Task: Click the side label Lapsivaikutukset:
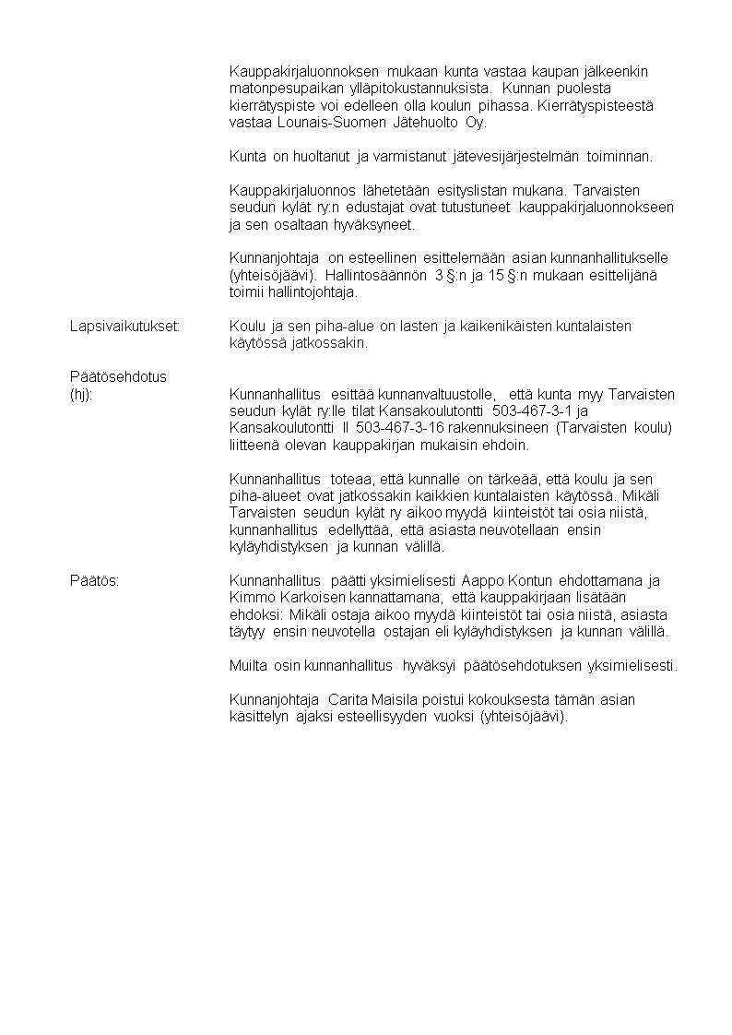coord(124,327)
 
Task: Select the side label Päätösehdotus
coord(118,377)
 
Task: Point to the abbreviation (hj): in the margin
coord(82,395)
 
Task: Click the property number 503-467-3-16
coord(400,428)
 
